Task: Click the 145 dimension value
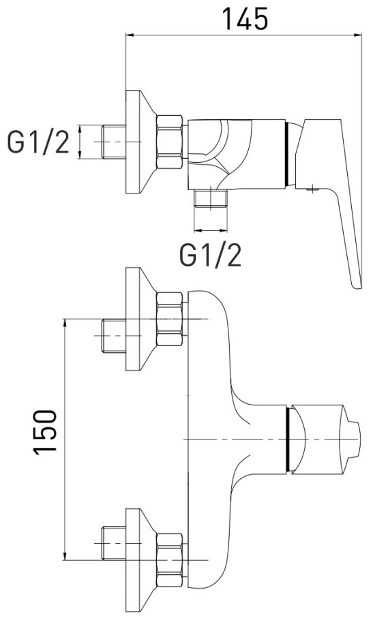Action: pos(245,19)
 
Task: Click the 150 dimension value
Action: pos(45,432)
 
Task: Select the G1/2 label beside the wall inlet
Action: pos(38,143)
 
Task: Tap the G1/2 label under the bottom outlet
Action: pos(211,255)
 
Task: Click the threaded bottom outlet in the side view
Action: pos(211,198)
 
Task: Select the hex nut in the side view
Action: pos(170,142)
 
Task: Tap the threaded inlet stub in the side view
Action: pos(114,142)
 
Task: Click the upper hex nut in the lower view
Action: pos(170,319)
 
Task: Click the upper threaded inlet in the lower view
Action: pos(114,336)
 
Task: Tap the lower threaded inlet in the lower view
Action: pos(114,543)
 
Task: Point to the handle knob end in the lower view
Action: pos(353,439)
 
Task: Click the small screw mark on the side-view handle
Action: pos(312,189)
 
